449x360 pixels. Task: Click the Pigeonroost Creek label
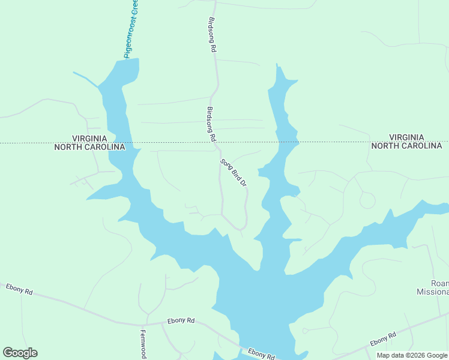pyautogui.click(x=132, y=29)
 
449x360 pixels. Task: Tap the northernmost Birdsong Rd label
pyautogui.click(x=211, y=35)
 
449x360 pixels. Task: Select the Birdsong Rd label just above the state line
pyautogui.click(x=211, y=124)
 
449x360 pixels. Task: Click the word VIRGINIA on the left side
pyautogui.click(x=89, y=138)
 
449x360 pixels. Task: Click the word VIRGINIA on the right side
pyautogui.click(x=406, y=137)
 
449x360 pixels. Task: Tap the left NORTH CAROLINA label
pyautogui.click(x=89, y=147)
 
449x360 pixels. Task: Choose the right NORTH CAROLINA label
pyautogui.click(x=406, y=146)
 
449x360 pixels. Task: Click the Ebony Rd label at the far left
pyautogui.click(x=19, y=289)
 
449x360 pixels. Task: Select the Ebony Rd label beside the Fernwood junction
pyautogui.click(x=181, y=320)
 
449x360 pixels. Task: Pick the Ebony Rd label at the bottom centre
pyautogui.click(x=261, y=353)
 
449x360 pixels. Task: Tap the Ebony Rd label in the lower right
pyautogui.click(x=383, y=339)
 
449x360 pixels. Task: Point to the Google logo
pyautogui.click(x=20, y=353)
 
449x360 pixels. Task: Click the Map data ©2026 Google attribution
pyautogui.click(x=412, y=355)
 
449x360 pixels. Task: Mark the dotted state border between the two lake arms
pyautogui.click(x=198, y=143)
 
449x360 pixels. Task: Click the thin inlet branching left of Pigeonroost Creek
pyautogui.click(x=85, y=79)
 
